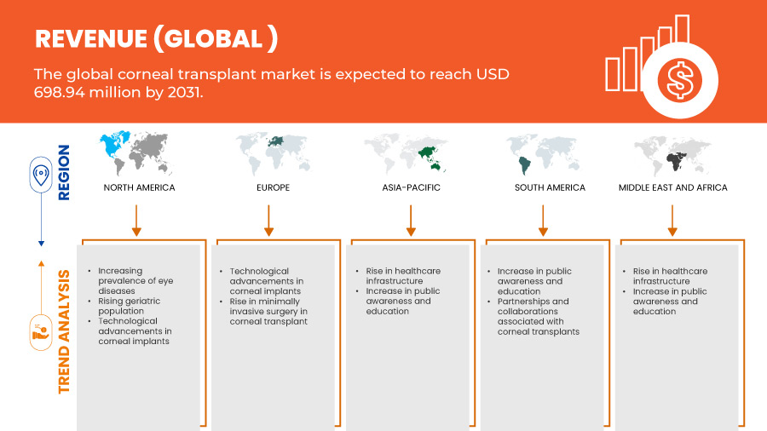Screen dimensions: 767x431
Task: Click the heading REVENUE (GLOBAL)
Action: pos(157,38)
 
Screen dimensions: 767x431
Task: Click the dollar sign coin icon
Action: pos(680,80)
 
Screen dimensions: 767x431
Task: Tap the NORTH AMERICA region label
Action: pos(140,187)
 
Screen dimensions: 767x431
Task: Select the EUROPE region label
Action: pos(273,187)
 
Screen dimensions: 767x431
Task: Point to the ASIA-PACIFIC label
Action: pos(412,187)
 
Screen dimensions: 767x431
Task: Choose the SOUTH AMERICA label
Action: pos(550,187)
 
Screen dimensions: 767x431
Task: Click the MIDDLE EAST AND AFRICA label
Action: pos(672,187)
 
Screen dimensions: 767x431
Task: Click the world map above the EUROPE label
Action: pos(273,153)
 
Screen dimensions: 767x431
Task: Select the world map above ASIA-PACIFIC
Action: pos(406,153)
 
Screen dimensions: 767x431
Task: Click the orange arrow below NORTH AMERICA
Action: pos(136,221)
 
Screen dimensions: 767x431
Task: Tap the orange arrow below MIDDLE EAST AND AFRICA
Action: pos(672,221)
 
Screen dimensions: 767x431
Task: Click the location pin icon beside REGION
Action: pos(41,175)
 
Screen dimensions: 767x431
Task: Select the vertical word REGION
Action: pos(64,173)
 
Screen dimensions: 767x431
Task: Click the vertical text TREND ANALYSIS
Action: pos(64,332)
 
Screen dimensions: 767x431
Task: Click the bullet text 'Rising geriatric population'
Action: pos(130,306)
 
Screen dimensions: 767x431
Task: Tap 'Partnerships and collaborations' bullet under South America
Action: pos(538,316)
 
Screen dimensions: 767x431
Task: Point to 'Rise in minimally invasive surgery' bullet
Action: pos(268,311)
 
